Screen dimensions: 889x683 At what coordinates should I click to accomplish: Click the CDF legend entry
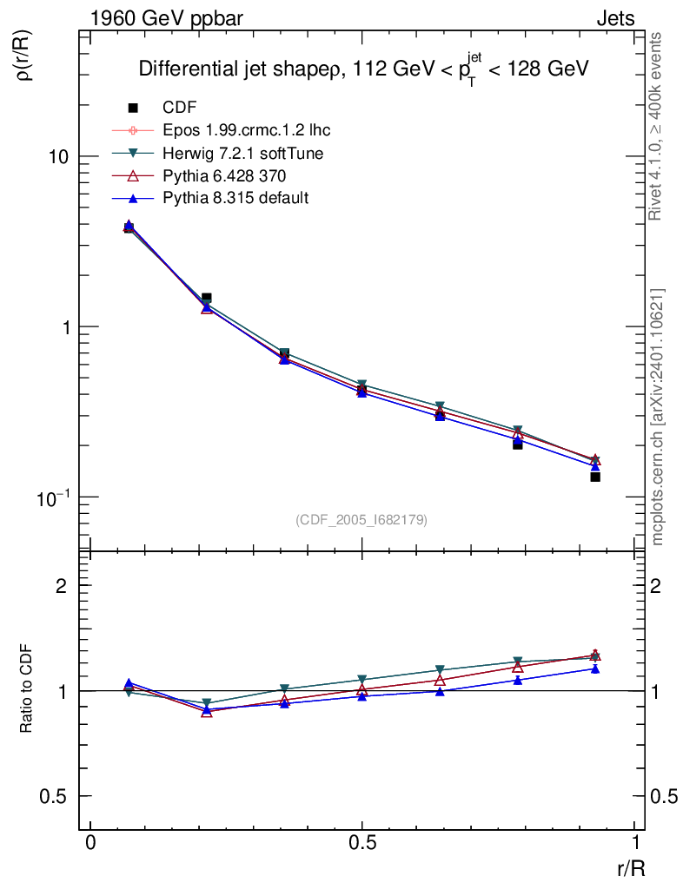180,108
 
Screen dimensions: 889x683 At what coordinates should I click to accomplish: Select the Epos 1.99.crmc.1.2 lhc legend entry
246,130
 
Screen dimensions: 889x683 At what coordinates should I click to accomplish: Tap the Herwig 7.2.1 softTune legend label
244,153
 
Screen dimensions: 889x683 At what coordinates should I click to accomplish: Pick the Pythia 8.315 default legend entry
235,198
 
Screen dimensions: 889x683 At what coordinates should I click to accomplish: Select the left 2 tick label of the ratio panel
62,586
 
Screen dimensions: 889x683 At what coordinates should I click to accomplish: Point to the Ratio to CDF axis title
27,690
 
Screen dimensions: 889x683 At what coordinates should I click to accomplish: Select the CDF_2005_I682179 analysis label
361,519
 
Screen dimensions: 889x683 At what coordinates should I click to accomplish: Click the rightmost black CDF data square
595,477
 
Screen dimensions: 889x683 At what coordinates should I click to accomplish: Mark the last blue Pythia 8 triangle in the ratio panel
595,668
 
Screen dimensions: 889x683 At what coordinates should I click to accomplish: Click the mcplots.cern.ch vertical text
658,417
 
